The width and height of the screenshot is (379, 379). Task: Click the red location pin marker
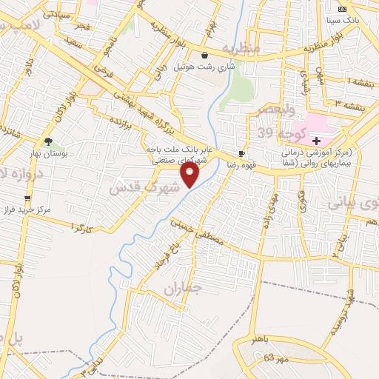point(190,175)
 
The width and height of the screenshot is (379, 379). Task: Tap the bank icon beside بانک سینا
point(342,9)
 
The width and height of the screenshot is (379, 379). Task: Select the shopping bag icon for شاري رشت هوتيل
point(205,55)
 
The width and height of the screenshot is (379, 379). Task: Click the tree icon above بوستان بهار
point(49,141)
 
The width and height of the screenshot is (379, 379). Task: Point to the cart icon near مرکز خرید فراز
point(28,198)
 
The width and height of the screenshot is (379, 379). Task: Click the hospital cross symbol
point(317,140)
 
